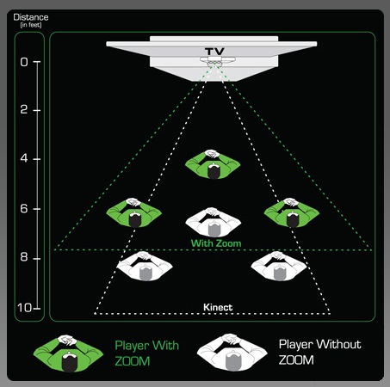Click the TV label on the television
(x=214, y=52)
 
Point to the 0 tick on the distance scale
(x=24, y=62)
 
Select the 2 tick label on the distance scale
(x=24, y=109)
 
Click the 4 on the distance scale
(x=24, y=158)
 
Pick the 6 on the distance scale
(x=24, y=208)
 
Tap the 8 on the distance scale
(x=24, y=257)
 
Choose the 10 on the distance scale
(x=24, y=308)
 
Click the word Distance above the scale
(x=31, y=17)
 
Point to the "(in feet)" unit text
(x=31, y=25)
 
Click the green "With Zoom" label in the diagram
(x=216, y=243)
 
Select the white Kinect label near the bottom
(x=218, y=307)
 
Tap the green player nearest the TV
(x=213, y=164)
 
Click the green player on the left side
(x=133, y=212)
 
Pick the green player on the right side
(x=292, y=212)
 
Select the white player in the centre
(x=213, y=223)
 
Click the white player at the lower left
(x=145, y=266)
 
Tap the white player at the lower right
(x=279, y=266)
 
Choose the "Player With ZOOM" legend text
(x=146, y=353)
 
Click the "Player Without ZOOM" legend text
(x=319, y=352)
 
